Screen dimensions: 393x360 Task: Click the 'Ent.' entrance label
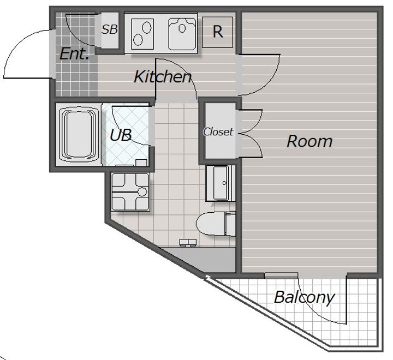[x=74, y=53]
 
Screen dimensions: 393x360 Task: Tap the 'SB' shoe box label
[x=110, y=29]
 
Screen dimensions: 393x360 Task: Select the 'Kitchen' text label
[x=163, y=77]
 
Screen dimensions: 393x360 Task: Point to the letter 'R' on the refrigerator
[x=218, y=32]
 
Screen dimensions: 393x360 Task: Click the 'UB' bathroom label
[x=121, y=135]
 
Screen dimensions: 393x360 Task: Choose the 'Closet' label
[x=218, y=132]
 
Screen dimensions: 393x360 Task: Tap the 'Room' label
[x=309, y=141]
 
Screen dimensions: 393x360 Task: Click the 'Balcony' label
[x=304, y=298]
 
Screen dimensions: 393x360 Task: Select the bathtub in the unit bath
[x=79, y=135]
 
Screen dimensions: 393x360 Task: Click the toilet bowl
[x=210, y=224]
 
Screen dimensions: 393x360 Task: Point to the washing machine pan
[x=130, y=191]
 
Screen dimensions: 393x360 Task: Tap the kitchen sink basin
[x=182, y=34]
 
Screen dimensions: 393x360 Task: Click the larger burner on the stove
[x=147, y=28]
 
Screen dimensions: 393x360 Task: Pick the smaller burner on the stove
[x=138, y=40]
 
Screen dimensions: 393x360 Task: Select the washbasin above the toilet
[x=221, y=183]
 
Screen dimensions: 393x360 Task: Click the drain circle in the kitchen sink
[x=182, y=28]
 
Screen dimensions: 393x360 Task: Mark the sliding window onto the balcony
[x=281, y=275]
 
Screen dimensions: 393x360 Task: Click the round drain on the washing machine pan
[x=142, y=192]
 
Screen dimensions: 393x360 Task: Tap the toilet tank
[x=230, y=224]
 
